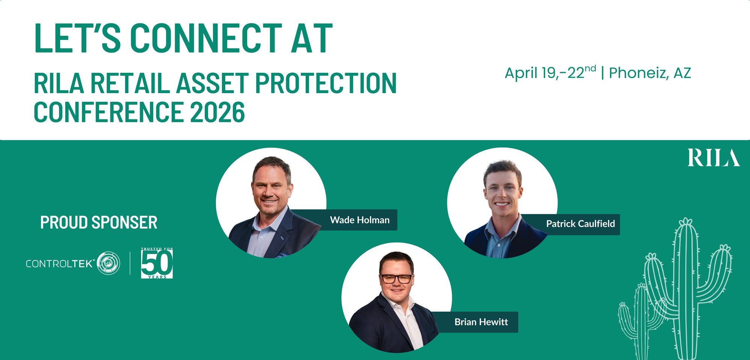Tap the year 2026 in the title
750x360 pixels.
pyautogui.click(x=217, y=112)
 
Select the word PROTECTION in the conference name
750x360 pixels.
pyautogui.click(x=326, y=83)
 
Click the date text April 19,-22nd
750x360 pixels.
pyautogui.click(x=550, y=72)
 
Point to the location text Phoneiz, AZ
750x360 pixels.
pyautogui.click(x=650, y=73)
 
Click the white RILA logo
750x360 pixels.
pyautogui.click(x=714, y=158)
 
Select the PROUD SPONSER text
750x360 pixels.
pyautogui.click(x=99, y=223)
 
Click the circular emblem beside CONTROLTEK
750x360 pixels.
pyautogui.click(x=109, y=263)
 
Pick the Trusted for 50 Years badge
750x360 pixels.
pyautogui.click(x=157, y=263)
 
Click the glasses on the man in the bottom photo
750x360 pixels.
pyautogui.click(x=396, y=279)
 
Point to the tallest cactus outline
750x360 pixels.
pyautogui.click(x=687, y=289)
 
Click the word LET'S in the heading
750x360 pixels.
pyautogui.click(x=77, y=38)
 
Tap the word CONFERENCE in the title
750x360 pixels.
pyautogui.click(x=109, y=112)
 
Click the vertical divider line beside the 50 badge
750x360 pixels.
pyautogui.click(x=130, y=263)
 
